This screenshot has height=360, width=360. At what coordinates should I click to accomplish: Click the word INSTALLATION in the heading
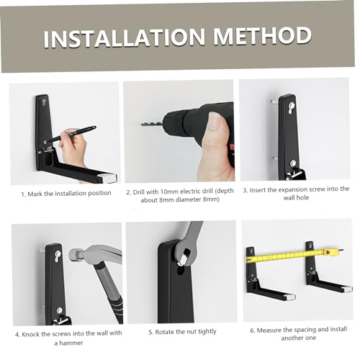click(125, 37)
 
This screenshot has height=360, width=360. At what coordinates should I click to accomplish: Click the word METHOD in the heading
click(263, 35)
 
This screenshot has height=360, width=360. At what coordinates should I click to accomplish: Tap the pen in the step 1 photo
click(71, 135)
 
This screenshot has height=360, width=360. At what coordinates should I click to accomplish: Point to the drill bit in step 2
click(152, 125)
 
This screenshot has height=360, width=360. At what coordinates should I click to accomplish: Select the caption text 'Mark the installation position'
click(69, 194)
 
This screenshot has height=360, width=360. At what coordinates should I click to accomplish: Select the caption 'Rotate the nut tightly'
click(182, 332)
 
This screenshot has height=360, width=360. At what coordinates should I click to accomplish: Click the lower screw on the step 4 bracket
click(60, 310)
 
